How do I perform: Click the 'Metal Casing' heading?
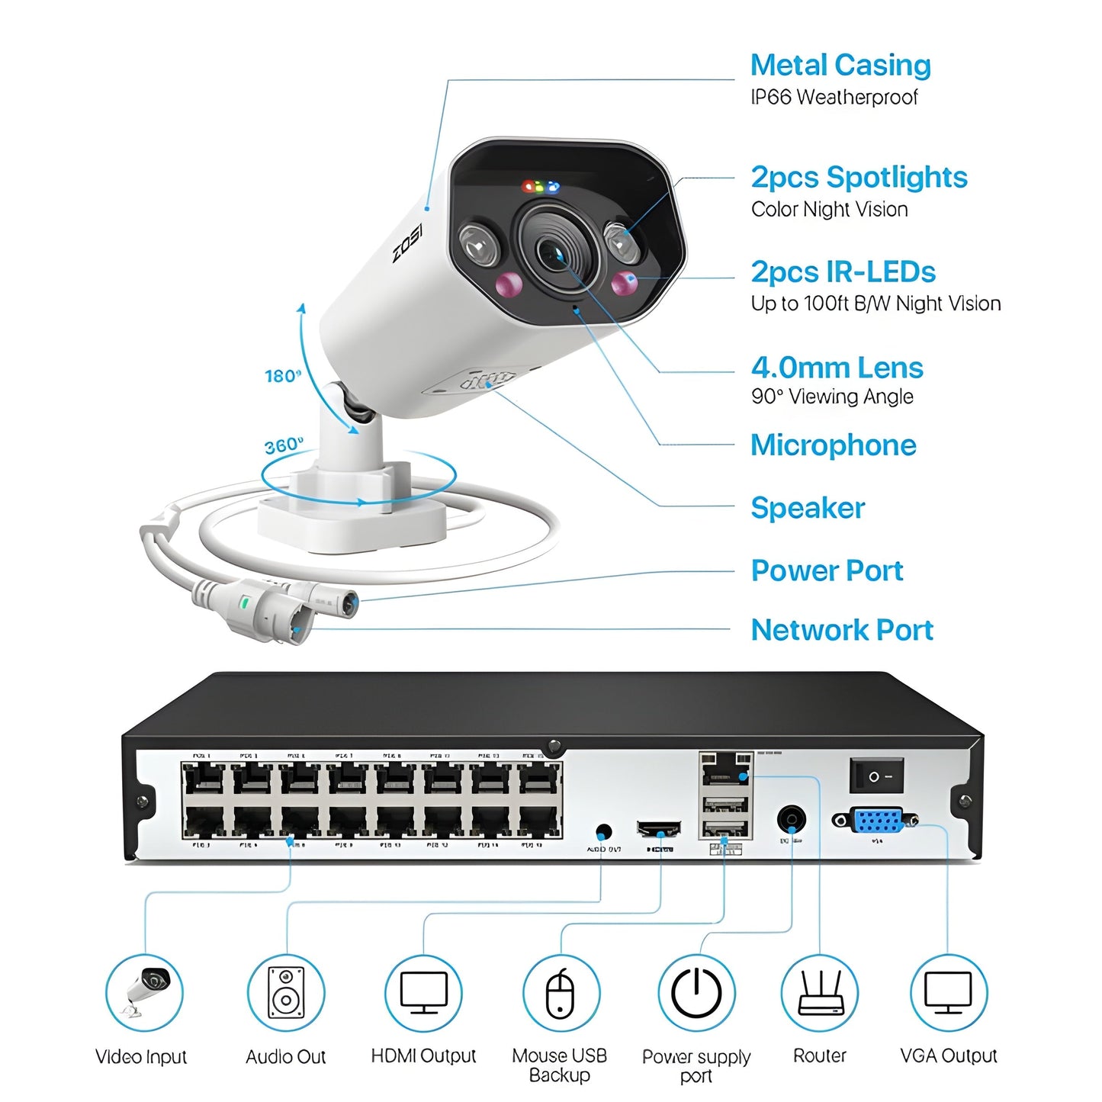(x=840, y=66)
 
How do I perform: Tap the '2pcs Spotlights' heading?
(x=859, y=178)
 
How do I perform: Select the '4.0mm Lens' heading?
(x=837, y=368)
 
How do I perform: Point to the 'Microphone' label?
(x=833, y=445)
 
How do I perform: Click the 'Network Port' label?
(x=842, y=630)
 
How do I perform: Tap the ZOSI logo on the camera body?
(x=408, y=243)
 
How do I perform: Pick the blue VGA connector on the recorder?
(x=878, y=821)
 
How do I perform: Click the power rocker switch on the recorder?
(x=876, y=776)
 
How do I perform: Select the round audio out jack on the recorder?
(x=603, y=831)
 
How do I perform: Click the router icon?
(x=820, y=992)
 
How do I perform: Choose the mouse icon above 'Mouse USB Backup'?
(x=561, y=992)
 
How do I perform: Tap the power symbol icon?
(x=696, y=992)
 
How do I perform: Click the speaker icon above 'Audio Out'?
(x=286, y=992)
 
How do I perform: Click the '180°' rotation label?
(x=283, y=376)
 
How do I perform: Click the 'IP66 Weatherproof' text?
(x=834, y=98)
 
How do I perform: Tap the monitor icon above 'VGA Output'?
(x=948, y=992)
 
